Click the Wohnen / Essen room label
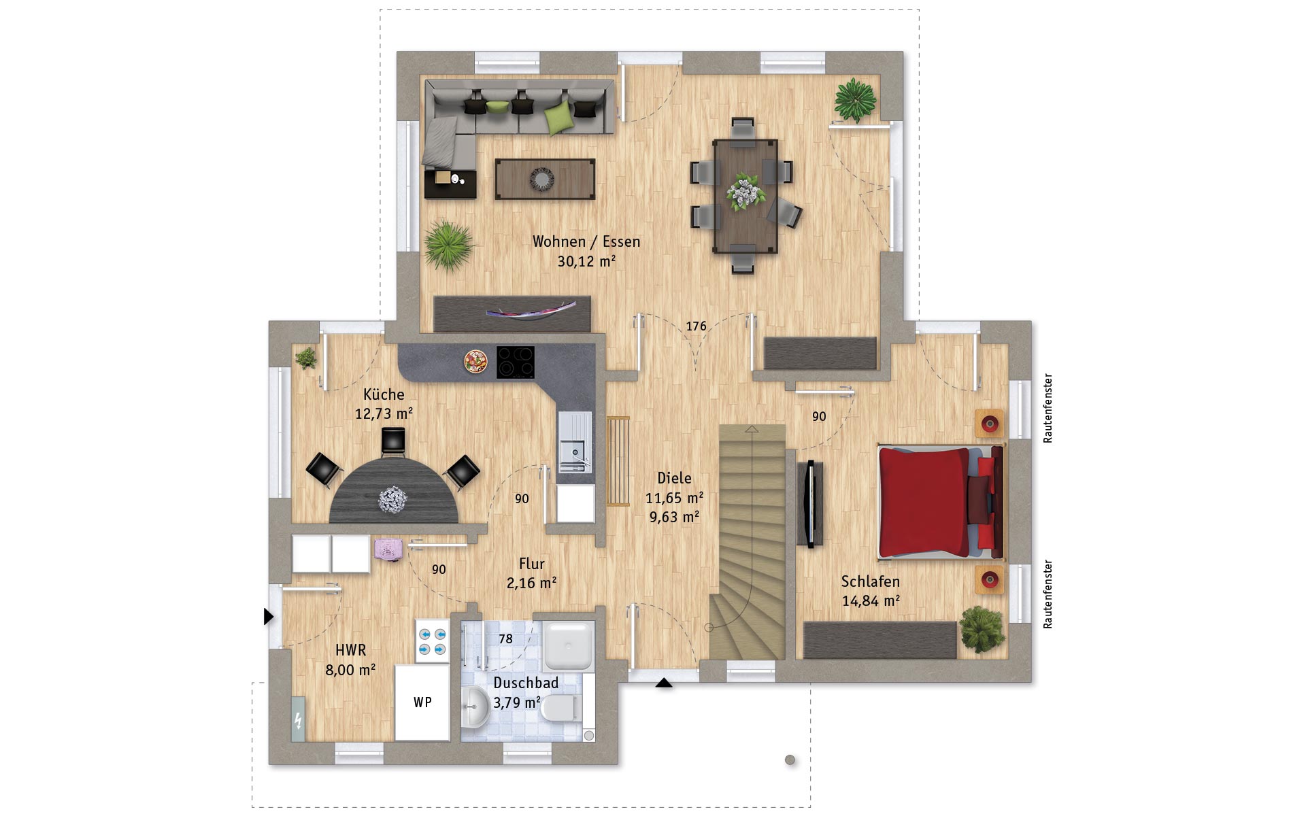(x=586, y=241)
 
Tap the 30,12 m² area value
(x=586, y=261)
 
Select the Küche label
(x=384, y=394)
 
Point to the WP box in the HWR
(x=422, y=702)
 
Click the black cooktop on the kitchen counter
(x=515, y=362)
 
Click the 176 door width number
(x=696, y=326)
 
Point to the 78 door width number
(x=505, y=639)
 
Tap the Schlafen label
(x=870, y=581)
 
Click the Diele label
(x=674, y=478)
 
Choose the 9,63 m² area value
(x=674, y=517)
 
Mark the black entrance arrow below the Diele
(x=664, y=683)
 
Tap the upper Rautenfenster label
(x=1048, y=408)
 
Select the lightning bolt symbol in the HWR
(x=298, y=719)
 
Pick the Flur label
(x=531, y=564)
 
